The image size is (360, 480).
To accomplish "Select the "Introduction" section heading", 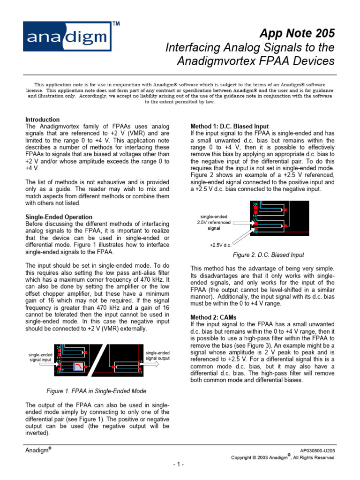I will [42, 120].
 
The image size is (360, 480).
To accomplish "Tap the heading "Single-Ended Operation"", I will [59, 217].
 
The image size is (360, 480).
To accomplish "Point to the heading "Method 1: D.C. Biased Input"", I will [230, 126].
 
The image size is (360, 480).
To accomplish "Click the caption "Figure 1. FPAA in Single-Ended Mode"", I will [96, 391].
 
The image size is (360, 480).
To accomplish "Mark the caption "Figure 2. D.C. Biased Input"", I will [268, 255].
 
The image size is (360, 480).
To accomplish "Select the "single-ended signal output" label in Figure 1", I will [157, 355].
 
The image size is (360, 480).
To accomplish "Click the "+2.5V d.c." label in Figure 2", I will [221, 245].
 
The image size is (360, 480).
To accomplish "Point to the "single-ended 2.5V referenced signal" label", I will [214, 222].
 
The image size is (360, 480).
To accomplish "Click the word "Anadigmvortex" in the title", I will [220, 61].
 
